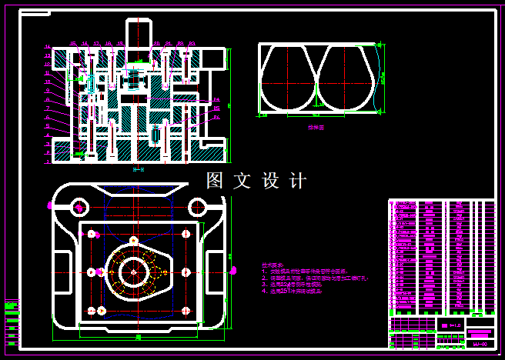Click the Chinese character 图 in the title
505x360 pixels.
(x=215, y=181)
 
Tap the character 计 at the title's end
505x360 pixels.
(x=297, y=181)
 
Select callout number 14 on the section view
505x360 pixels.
(x=48, y=46)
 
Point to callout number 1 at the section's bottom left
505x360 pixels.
(x=48, y=162)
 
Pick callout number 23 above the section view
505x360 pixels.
(x=192, y=44)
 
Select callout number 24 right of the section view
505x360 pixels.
(x=216, y=99)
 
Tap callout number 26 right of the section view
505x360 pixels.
(x=216, y=118)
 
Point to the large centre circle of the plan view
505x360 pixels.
(x=135, y=271)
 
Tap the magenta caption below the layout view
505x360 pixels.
(x=316, y=128)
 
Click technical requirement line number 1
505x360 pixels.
(x=304, y=272)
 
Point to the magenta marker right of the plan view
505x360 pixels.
(x=233, y=270)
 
